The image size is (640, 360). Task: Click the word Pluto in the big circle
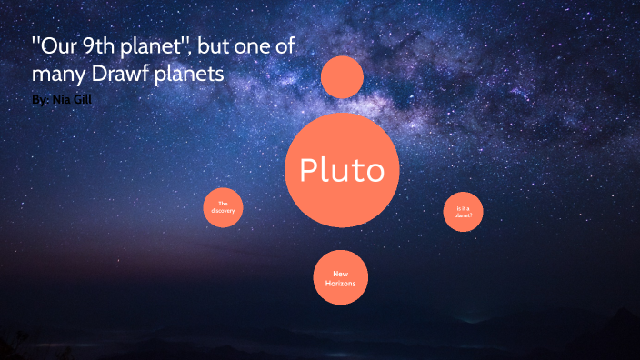tap(342, 170)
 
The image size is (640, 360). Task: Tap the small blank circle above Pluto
tap(342, 77)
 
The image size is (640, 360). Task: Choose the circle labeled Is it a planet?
tap(464, 212)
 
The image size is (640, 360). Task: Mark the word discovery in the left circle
tap(222, 211)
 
